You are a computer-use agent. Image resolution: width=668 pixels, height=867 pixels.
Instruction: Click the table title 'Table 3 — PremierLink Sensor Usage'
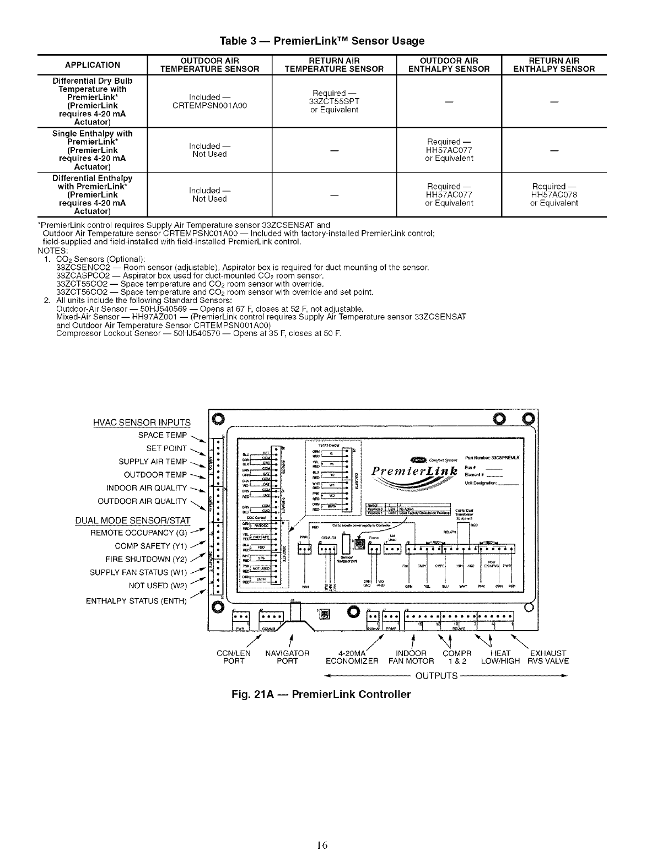pyautogui.click(x=322, y=41)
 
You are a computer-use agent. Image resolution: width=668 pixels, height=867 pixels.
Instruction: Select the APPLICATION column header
pyautogui.click(x=93, y=64)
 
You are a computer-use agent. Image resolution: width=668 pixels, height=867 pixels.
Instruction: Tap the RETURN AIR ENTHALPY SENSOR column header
pyautogui.click(x=554, y=64)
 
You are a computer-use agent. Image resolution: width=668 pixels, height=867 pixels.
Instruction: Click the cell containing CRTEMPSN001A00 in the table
pyautogui.click(x=209, y=101)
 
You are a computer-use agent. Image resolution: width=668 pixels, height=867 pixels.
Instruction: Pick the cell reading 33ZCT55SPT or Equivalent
pyautogui.click(x=335, y=101)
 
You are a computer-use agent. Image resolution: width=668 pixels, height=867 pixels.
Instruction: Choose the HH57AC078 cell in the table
pyautogui.click(x=554, y=194)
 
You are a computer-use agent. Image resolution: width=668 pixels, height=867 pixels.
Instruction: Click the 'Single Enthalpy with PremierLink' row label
pyautogui.click(x=93, y=150)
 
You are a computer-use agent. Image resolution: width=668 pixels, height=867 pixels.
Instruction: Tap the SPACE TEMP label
pyautogui.click(x=163, y=435)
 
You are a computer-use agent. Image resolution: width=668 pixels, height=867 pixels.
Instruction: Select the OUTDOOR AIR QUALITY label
pyautogui.click(x=142, y=501)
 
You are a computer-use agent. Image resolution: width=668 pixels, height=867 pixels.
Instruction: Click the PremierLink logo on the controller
pyautogui.click(x=415, y=472)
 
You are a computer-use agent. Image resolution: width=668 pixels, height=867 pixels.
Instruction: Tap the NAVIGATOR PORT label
pyautogui.click(x=287, y=657)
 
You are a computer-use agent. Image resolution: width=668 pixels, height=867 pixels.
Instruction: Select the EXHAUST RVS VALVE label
pyautogui.click(x=548, y=657)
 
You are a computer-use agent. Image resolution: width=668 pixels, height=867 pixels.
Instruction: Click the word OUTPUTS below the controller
pyautogui.click(x=436, y=675)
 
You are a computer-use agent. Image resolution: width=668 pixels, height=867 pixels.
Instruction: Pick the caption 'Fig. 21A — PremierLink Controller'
pyautogui.click(x=321, y=694)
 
